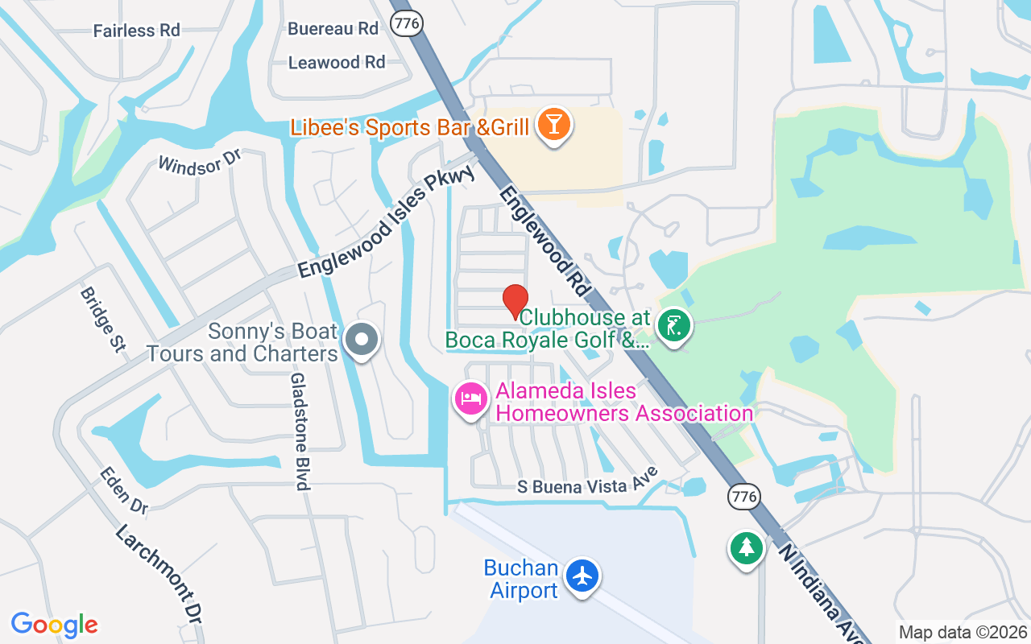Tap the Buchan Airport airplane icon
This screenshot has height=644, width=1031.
582,576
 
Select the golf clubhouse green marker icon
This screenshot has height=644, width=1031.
674,326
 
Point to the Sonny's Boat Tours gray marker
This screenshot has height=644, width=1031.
362,340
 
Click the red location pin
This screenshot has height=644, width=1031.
515,303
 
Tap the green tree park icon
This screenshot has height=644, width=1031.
747,548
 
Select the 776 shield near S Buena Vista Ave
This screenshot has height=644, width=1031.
743,496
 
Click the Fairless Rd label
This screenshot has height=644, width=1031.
136,31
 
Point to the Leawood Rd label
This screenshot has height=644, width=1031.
337,62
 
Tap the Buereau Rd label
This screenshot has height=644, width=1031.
333,28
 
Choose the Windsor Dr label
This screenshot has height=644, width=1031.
200,159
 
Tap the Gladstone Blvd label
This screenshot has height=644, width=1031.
300,431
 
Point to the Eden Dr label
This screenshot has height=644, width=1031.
125,490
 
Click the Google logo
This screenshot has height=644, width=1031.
55,624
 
